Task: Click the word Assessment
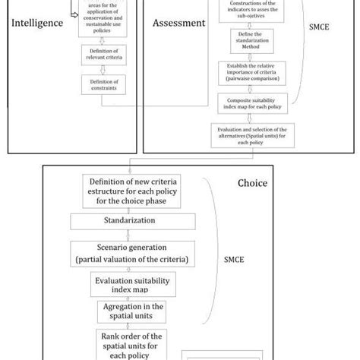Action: coord(179,23)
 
